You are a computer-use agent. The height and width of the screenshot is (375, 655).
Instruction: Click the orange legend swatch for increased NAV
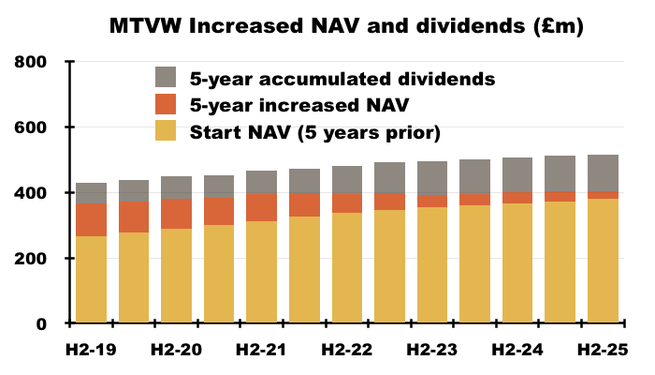pos(167,104)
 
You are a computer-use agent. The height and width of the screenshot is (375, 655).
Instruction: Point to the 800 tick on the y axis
pos(33,62)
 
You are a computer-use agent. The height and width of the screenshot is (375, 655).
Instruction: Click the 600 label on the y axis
pos(33,127)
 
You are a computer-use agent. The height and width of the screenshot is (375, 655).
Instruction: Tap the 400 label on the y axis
pos(33,193)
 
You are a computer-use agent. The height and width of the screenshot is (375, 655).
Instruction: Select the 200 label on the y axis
pos(33,259)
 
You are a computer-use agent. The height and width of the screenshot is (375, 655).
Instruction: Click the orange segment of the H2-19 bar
pos(92,219)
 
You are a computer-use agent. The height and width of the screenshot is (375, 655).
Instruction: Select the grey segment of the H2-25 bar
pos(603,172)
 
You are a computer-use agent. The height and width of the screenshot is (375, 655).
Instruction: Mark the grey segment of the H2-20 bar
pos(177,187)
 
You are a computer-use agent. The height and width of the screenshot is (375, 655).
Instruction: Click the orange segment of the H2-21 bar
pos(262,207)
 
